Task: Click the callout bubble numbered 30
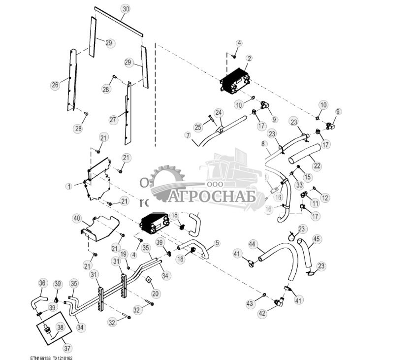tap(126, 9)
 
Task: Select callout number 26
tap(55, 85)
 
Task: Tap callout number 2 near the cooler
tap(249, 58)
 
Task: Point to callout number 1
tap(69, 187)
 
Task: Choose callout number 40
tap(76, 218)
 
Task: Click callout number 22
tap(317, 166)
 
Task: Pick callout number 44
tap(252, 244)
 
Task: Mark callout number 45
tap(317, 239)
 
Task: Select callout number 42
tap(262, 313)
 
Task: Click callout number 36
tap(42, 283)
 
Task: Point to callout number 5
tap(217, 243)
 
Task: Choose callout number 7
tap(188, 135)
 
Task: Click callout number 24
tap(219, 112)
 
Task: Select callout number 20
tap(156, 294)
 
